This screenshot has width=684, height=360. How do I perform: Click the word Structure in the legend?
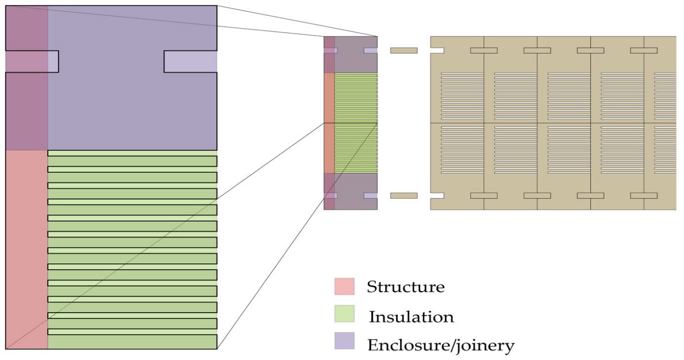click(405, 287)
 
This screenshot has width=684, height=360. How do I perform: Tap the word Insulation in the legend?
click(411, 317)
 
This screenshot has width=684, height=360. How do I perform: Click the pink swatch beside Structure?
click(344, 286)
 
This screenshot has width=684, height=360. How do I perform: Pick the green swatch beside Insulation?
click(344, 315)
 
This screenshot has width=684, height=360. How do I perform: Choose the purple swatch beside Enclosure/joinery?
click(344, 341)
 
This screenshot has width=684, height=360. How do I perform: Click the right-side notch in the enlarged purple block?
click(190, 61)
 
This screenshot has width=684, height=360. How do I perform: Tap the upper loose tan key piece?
click(404, 50)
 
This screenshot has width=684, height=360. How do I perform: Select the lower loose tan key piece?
click(404, 196)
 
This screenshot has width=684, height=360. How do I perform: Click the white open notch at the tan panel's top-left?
click(437, 50)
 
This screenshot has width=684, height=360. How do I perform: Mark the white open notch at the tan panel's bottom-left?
click(437, 196)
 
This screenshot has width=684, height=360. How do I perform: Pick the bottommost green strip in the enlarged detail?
click(132, 342)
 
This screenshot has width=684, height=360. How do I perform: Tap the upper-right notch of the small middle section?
click(370, 50)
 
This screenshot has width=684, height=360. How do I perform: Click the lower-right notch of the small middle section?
click(370, 196)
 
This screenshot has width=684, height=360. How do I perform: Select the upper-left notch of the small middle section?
click(330, 50)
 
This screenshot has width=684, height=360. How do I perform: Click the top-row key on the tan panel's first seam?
click(484, 50)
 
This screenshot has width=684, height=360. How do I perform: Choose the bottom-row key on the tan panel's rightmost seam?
click(644, 196)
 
